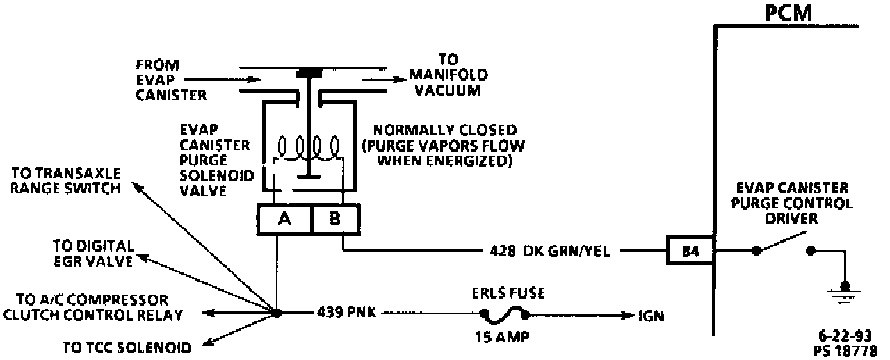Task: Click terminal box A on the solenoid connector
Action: tap(284, 220)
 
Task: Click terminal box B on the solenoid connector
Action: tap(335, 220)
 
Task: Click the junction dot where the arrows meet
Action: tap(276, 313)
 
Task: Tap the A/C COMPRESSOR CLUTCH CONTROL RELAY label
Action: tap(92, 307)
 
